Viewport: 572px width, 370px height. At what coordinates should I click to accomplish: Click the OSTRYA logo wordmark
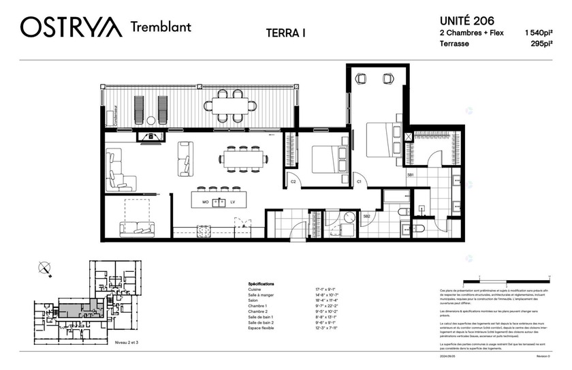(x=71, y=27)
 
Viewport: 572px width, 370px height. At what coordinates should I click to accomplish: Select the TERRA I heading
(x=285, y=33)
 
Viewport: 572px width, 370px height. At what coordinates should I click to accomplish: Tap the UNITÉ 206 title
(x=466, y=20)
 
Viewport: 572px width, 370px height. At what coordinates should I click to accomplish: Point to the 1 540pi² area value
(x=537, y=32)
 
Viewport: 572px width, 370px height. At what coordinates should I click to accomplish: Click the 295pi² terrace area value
(x=541, y=44)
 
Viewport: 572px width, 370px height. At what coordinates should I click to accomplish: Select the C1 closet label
(x=359, y=182)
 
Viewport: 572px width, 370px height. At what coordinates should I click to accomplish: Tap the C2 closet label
(x=293, y=182)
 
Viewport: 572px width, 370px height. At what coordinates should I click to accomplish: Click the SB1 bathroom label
(x=411, y=175)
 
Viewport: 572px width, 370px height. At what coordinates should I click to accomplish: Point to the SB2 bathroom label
(x=366, y=216)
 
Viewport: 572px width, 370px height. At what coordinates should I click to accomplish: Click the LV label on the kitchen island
(x=232, y=202)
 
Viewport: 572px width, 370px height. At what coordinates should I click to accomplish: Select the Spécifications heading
(x=261, y=283)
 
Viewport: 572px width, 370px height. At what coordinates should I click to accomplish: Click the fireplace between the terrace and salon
(x=146, y=136)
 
